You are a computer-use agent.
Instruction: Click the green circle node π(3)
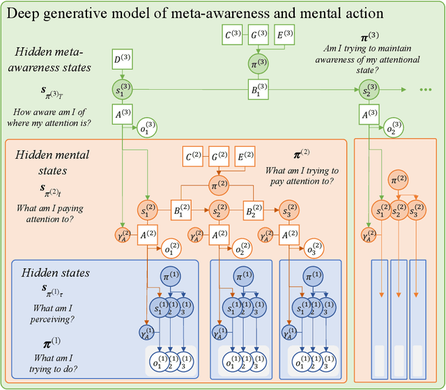[259, 61]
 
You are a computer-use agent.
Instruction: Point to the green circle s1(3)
[122, 89]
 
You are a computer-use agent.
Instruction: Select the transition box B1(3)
[259, 89]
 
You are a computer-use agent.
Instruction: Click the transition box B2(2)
[252, 210]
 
